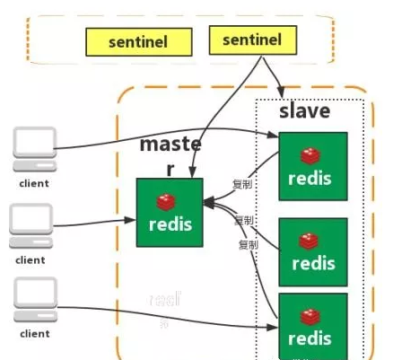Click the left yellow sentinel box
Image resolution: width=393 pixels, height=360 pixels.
click(x=138, y=41)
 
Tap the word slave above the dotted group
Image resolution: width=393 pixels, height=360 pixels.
click(x=304, y=111)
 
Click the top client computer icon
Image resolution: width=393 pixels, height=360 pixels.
click(x=33, y=150)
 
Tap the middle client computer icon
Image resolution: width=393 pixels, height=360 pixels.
click(x=33, y=226)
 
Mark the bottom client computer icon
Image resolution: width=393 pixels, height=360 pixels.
click(x=33, y=302)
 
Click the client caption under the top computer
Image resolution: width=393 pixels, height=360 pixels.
click(x=33, y=183)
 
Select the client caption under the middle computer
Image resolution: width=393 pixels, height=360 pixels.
click(x=31, y=260)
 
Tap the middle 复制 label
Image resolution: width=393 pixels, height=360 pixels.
click(x=244, y=221)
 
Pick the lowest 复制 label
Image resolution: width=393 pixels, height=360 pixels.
click(x=249, y=244)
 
